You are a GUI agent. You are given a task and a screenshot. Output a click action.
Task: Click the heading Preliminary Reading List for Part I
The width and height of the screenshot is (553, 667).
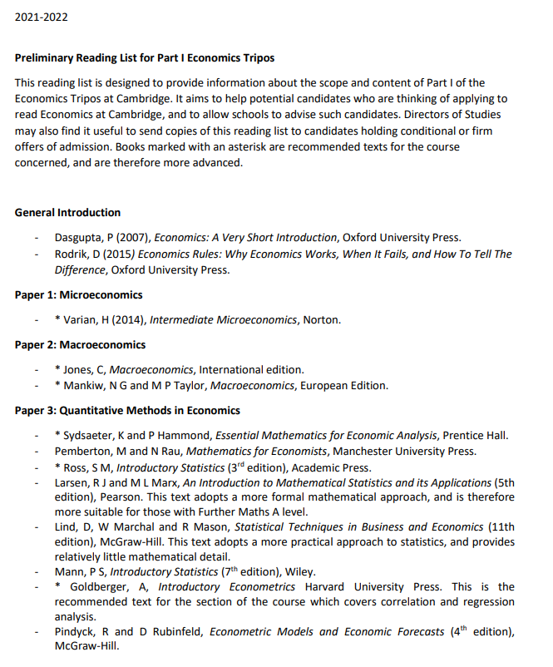(x=145, y=58)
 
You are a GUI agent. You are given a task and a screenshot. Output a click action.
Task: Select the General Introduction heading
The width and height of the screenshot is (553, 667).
(x=67, y=212)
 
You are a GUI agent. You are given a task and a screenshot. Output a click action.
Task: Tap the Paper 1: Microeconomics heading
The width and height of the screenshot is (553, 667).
(x=79, y=294)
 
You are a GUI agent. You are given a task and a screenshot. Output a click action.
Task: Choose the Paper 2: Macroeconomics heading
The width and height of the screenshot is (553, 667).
(x=80, y=344)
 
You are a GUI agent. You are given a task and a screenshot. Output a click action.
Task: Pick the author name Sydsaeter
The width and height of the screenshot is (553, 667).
(x=89, y=435)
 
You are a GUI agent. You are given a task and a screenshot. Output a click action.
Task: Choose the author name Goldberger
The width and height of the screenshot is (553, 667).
(x=94, y=587)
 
